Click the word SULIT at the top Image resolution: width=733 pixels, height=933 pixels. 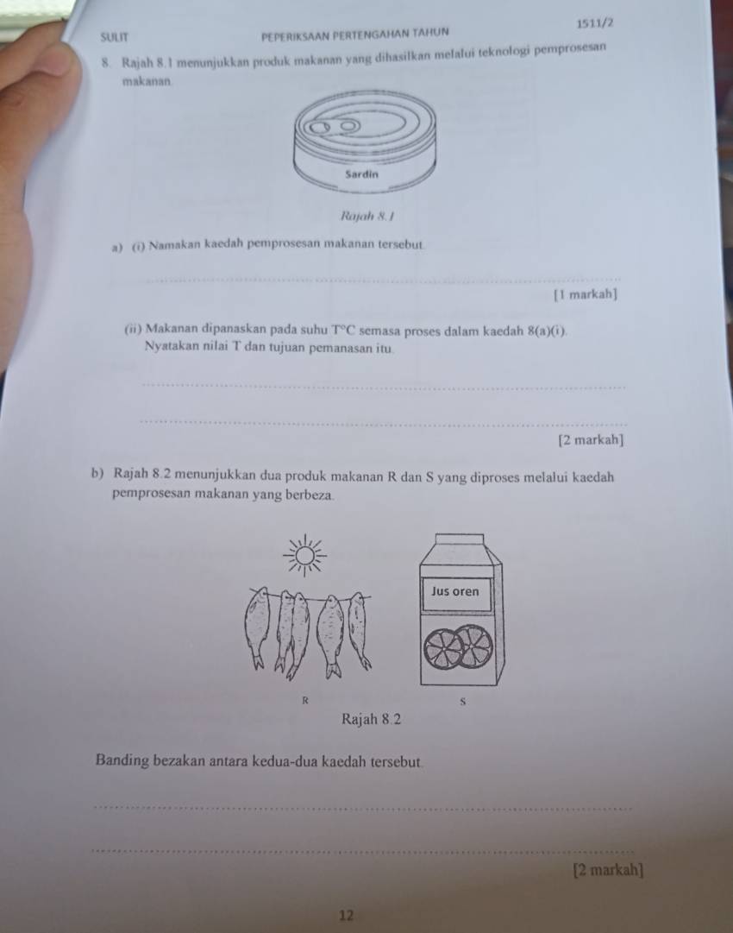tap(114, 37)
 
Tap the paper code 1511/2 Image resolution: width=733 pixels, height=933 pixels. tap(595, 24)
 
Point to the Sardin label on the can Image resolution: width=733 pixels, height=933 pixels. tap(361, 174)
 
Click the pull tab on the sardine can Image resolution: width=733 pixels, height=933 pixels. tap(334, 127)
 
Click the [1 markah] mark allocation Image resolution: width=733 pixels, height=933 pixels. tap(585, 294)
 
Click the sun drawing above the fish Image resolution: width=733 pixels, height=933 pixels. tap(304, 555)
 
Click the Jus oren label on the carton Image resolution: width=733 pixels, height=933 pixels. tap(454, 591)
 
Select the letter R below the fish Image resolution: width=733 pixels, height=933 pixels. tap(305, 700)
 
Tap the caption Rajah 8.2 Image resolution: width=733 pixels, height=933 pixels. tap(372, 720)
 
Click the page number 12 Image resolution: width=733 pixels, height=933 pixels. tap(347, 915)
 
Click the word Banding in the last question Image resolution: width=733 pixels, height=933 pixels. tap(122, 761)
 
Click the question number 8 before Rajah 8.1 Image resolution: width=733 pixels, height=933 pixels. tap(105, 62)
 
